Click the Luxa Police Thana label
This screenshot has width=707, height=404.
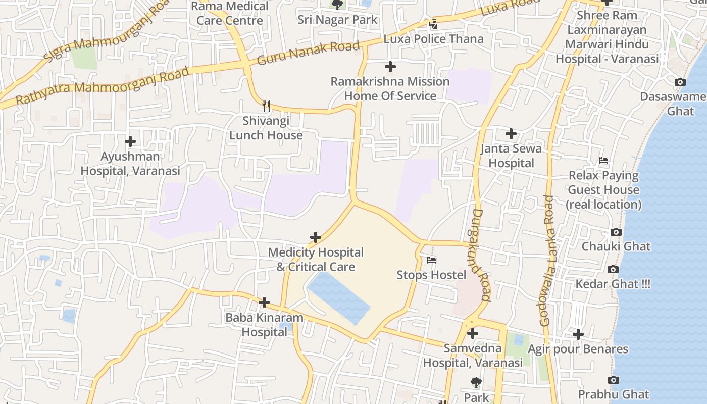pyautogui.click(x=433, y=39)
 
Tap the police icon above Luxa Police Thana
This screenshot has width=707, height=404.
pyautogui.click(x=433, y=24)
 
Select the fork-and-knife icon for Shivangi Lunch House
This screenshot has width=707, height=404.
pyautogui.click(x=266, y=106)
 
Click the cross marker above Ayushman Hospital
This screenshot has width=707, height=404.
pyautogui.click(x=130, y=141)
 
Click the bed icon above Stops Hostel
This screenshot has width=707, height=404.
pyautogui.click(x=431, y=260)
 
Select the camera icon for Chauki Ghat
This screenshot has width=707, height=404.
pyautogui.click(x=616, y=232)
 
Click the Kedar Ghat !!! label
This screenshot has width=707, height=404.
pyautogui.click(x=613, y=284)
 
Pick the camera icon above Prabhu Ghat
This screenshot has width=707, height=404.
pyautogui.click(x=614, y=380)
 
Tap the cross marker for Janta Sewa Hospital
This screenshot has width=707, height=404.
pyautogui.click(x=511, y=134)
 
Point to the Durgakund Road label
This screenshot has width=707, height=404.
pyautogui.click(x=481, y=255)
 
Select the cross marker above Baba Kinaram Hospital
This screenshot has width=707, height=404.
pyautogui.click(x=264, y=302)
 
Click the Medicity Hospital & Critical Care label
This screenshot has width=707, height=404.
pyautogui.click(x=316, y=259)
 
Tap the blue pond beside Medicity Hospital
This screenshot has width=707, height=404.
pyautogui.click(x=338, y=298)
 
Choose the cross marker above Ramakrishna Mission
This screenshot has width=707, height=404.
pyautogui.click(x=390, y=67)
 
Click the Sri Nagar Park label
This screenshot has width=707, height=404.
pyautogui.click(x=337, y=20)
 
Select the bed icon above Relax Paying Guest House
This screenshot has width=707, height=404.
pyautogui.click(x=603, y=161)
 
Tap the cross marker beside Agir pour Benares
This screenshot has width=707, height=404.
pyautogui.click(x=578, y=334)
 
